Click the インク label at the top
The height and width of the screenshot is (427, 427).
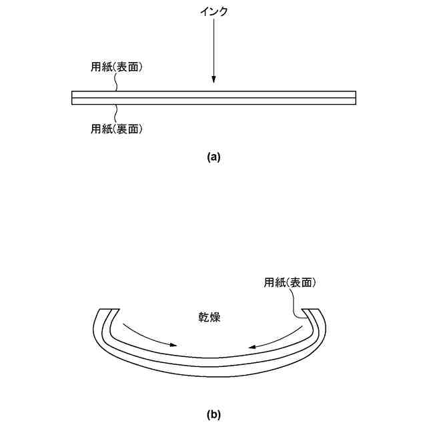pyautogui.click(x=213, y=12)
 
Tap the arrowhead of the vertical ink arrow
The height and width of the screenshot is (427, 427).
pyautogui.click(x=213, y=81)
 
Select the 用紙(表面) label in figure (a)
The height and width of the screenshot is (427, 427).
pyautogui.click(x=117, y=67)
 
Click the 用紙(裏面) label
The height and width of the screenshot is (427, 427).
pyautogui.click(x=117, y=129)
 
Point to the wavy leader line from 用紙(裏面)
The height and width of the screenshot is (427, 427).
pyautogui.click(x=117, y=112)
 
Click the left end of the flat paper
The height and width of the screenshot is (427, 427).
pyautogui.click(x=72, y=98)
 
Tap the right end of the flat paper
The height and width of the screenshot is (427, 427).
pyautogui.click(x=355, y=98)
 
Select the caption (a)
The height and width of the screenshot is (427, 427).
pyautogui.click(x=213, y=157)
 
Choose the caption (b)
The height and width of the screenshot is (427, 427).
pyautogui.click(x=213, y=414)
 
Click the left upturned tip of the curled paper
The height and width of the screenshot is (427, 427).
pyautogui.click(x=109, y=310)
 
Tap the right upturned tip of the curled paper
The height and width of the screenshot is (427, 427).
pyautogui.click(x=312, y=310)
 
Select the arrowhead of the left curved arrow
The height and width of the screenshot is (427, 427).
pyautogui.click(x=174, y=346)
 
